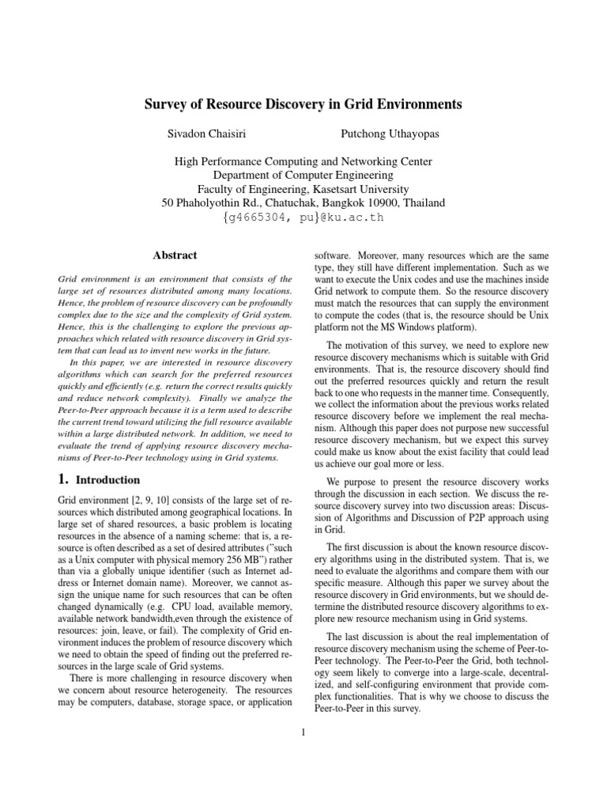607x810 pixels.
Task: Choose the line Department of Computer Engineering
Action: click(303, 175)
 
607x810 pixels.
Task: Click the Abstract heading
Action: click(174, 255)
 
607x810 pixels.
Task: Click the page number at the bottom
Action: click(303, 731)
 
